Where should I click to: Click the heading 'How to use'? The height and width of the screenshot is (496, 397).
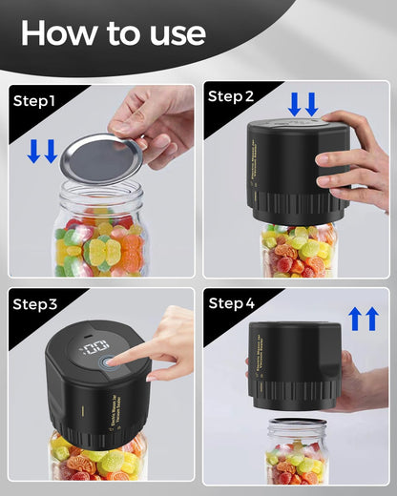[x=113, y=32]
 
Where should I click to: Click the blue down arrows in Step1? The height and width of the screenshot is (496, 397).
[x=42, y=151]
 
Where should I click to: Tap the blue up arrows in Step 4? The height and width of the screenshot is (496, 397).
[x=364, y=319]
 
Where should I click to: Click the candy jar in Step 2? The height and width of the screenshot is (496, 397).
[x=298, y=250]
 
